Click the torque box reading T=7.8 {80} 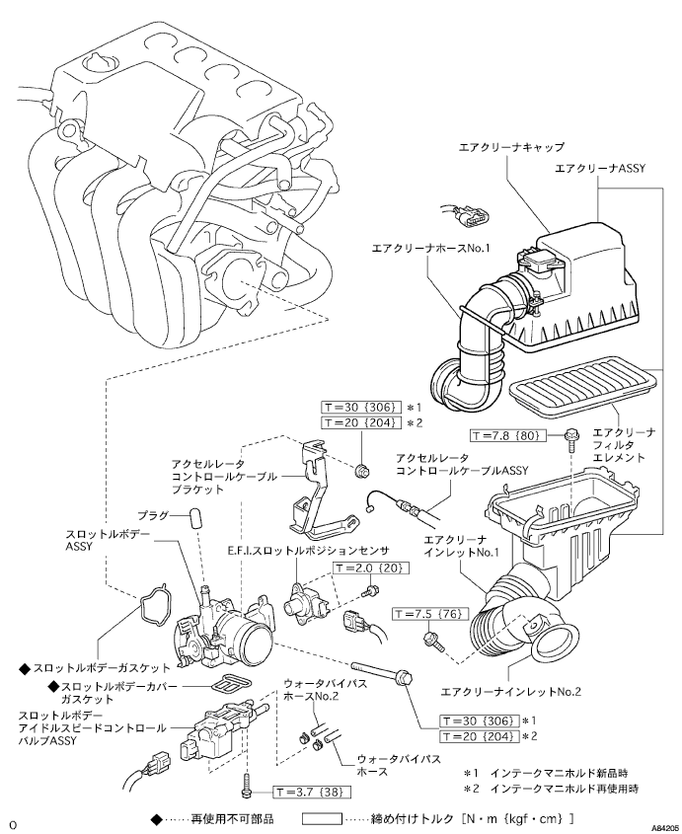coord(508,435)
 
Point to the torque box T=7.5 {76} coord(430,614)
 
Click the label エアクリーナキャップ coord(511,147)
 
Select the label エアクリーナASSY coord(600,169)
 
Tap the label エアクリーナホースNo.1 coord(430,248)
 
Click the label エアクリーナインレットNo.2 coord(511,692)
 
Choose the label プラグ coord(153,515)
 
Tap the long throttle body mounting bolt coord(381,672)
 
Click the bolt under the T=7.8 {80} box coord(570,440)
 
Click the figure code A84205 coord(666,828)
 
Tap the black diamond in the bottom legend coord(156,819)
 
